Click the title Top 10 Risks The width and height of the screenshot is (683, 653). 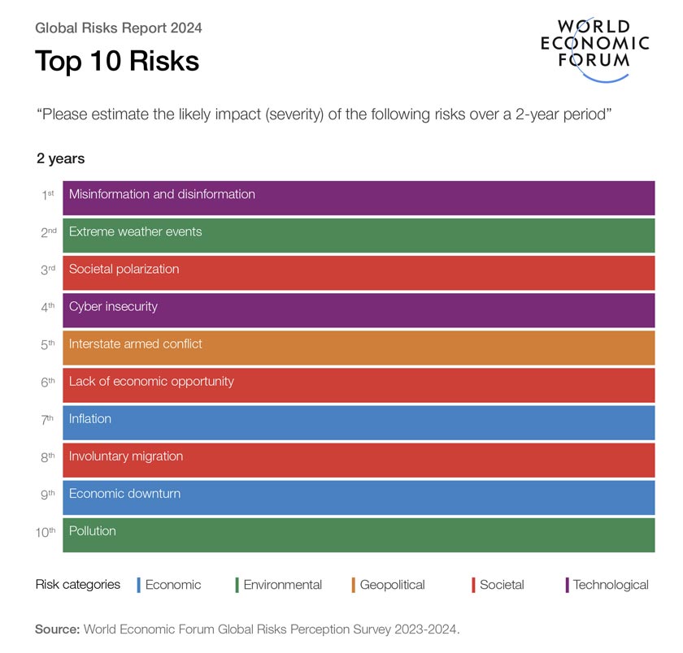116,62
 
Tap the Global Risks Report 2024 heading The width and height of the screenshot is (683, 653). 119,28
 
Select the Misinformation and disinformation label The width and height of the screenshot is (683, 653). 162,195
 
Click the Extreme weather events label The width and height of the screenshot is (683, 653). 135,232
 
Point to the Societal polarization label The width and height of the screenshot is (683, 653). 124,270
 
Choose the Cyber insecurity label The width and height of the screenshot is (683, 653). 113,307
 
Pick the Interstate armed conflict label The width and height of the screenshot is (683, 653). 135,344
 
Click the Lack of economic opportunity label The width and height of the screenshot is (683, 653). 151,382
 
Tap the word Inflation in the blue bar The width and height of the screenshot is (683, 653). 89,419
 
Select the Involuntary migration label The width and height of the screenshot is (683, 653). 125,456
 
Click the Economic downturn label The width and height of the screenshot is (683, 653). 124,494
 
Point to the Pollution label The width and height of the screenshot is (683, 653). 92,531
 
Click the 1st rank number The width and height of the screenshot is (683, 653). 48,196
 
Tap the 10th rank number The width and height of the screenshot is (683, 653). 46,532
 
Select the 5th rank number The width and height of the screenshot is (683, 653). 48,345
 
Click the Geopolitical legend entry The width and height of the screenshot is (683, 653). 391,585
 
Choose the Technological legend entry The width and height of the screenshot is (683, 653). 610,585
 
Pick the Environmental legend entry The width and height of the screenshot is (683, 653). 281,585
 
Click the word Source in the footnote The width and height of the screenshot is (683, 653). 57,629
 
